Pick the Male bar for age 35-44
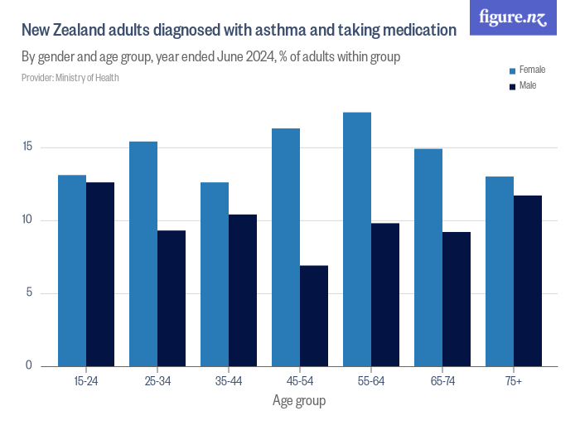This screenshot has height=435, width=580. point(243,290)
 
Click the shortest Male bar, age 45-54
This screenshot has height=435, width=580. point(314,316)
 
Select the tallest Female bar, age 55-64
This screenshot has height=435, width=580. point(357,239)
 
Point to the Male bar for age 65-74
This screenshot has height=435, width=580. point(457,299)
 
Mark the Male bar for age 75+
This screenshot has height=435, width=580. point(528,281)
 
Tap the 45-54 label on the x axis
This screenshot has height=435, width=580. point(300,380)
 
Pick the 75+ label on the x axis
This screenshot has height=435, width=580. point(514,380)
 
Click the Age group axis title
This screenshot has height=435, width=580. point(299,401)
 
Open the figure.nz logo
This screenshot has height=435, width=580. point(513,17)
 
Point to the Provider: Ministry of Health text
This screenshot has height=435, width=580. point(70,78)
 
